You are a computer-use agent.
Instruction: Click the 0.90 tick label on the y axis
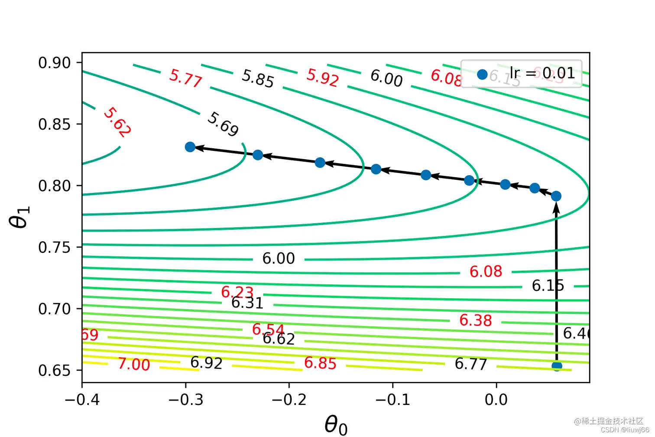click(x=54, y=63)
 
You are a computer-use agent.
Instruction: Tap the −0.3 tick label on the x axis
click(x=186, y=399)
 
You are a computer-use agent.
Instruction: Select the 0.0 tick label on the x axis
click(x=496, y=399)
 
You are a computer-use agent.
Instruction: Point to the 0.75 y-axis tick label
click(x=54, y=248)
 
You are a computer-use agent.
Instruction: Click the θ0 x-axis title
click(x=336, y=424)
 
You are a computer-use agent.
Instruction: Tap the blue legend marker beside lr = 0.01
click(x=482, y=75)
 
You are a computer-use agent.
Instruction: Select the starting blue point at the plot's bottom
click(x=557, y=366)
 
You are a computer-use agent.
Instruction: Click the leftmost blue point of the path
click(x=190, y=147)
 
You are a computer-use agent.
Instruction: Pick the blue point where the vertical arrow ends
click(x=556, y=196)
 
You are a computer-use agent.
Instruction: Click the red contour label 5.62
click(x=117, y=122)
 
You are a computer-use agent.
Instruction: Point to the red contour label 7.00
click(x=134, y=364)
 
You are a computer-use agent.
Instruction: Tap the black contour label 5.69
click(x=223, y=124)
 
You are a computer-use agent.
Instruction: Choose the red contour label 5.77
click(x=186, y=78)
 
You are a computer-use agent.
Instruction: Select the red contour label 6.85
click(x=320, y=363)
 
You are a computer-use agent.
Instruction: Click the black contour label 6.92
click(x=206, y=363)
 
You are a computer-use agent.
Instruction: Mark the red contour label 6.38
click(x=475, y=320)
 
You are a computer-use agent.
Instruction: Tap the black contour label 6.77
click(x=470, y=364)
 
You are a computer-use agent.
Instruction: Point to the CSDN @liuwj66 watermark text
click(x=625, y=430)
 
